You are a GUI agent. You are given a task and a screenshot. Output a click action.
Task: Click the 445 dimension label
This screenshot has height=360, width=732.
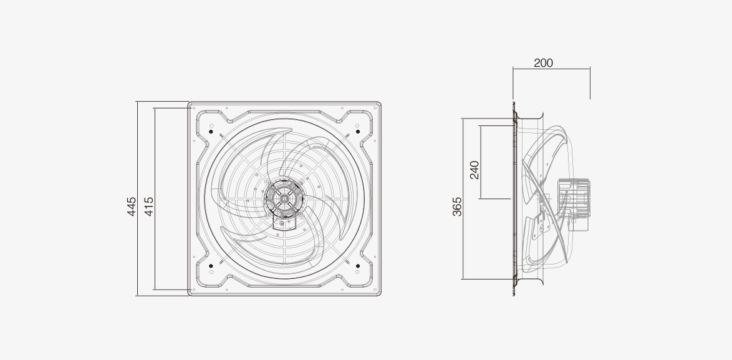tap(132, 207)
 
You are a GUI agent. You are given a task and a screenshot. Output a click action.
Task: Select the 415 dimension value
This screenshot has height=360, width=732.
tap(148, 207)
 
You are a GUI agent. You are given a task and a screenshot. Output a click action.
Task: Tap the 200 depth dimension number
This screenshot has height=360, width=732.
tap(544, 63)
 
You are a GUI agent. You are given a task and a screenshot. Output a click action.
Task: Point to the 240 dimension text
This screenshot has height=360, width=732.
tap(474, 170)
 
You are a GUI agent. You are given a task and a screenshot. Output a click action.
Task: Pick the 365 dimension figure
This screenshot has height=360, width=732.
tap(457, 207)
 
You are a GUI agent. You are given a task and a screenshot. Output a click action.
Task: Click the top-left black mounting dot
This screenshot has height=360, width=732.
tap(211, 132)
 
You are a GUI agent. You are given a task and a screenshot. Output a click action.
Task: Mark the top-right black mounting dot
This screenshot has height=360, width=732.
tap(358, 132)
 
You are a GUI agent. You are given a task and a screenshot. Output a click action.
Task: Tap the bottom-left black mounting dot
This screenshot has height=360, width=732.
tap(211, 266)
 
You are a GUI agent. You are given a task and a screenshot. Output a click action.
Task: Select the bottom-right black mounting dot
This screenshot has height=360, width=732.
tap(358, 266)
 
